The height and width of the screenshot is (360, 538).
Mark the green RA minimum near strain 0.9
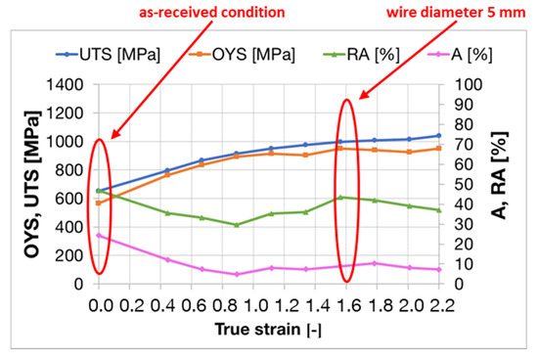click(x=236, y=225)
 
